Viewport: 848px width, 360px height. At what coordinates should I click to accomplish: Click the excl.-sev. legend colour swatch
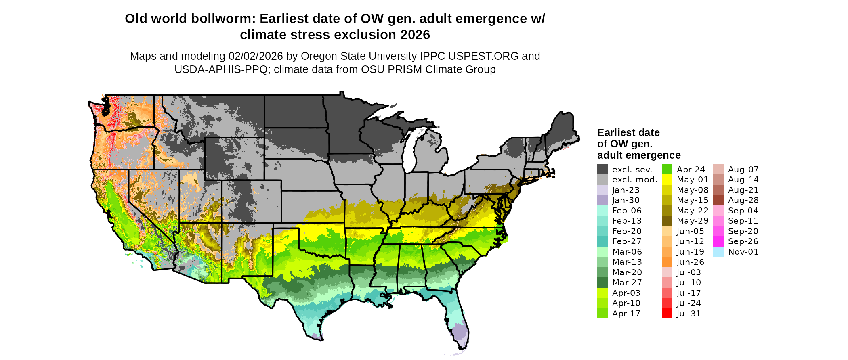point(602,170)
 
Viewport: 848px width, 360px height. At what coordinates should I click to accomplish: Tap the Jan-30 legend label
point(626,200)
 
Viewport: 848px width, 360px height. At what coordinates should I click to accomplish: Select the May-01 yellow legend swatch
point(667,180)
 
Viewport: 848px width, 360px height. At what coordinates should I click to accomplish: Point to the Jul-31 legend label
point(688,314)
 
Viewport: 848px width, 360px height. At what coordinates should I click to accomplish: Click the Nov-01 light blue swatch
point(718,252)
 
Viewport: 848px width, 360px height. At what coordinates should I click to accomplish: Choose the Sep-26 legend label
point(743,241)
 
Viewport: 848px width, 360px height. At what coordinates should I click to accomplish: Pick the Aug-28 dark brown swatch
point(718,200)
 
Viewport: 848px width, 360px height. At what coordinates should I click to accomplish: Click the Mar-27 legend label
point(627,283)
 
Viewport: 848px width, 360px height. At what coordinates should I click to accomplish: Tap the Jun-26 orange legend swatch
point(667,262)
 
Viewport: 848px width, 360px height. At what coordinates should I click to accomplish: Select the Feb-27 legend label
point(627,241)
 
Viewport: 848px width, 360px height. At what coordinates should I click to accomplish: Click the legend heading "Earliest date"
point(628,132)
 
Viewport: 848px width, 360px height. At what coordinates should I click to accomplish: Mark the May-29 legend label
point(693,221)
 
